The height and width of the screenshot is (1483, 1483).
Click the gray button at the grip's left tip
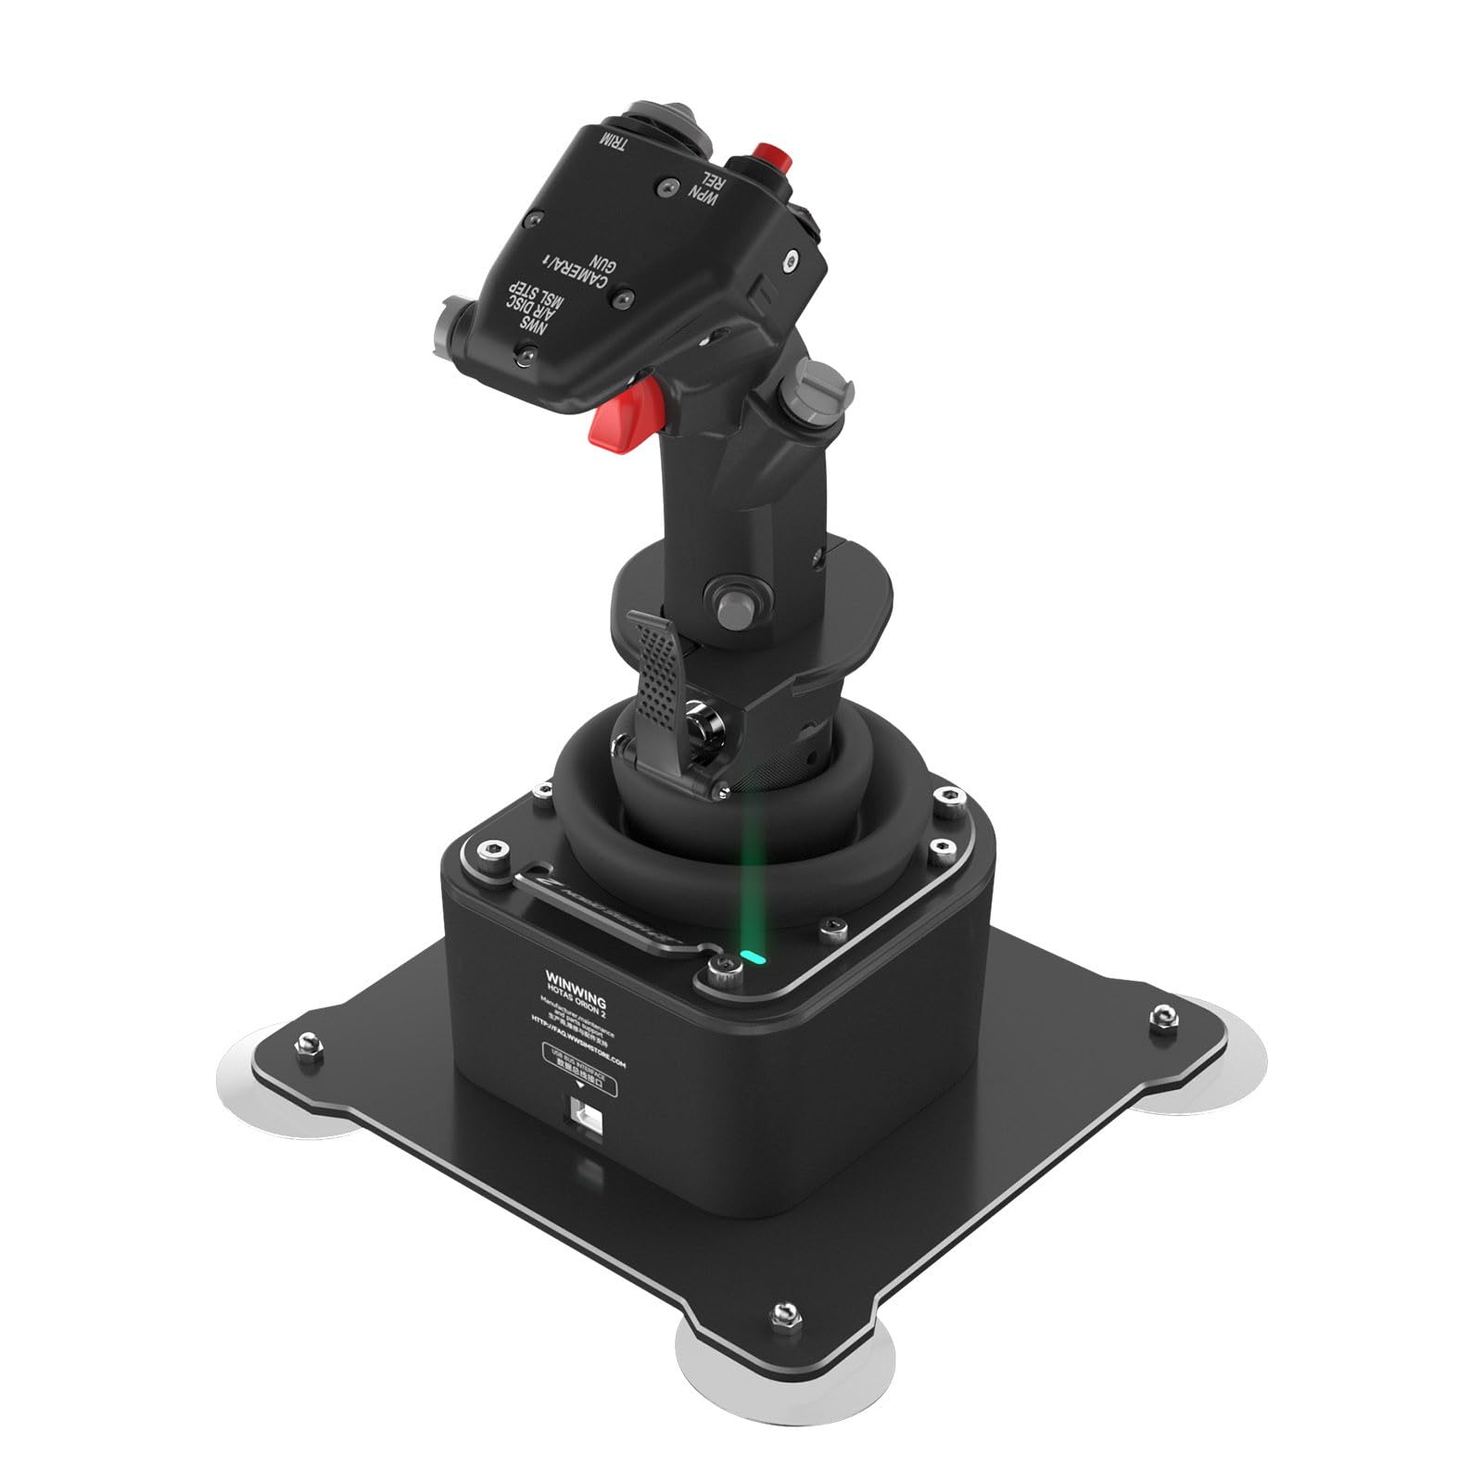pos(452,326)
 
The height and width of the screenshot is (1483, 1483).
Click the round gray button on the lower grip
pos(733,604)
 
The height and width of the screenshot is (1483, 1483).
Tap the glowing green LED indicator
pos(754,956)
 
